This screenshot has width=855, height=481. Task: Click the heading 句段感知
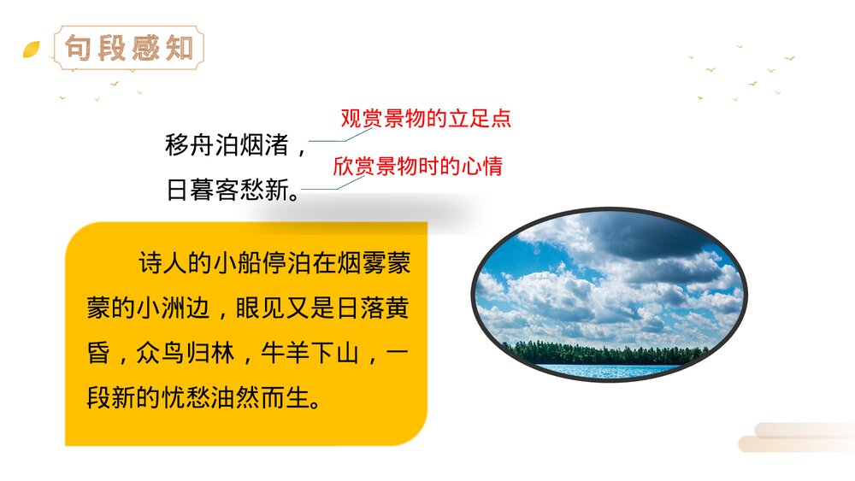(129, 48)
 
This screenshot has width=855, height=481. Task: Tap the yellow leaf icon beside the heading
(31, 50)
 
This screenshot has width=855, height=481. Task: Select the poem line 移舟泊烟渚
(226, 145)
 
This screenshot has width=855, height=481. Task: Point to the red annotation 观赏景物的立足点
(425, 119)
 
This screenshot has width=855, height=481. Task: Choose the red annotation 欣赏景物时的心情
(417, 166)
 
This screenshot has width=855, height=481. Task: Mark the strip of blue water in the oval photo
(607, 369)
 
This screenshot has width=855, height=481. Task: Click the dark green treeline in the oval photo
(607, 352)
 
